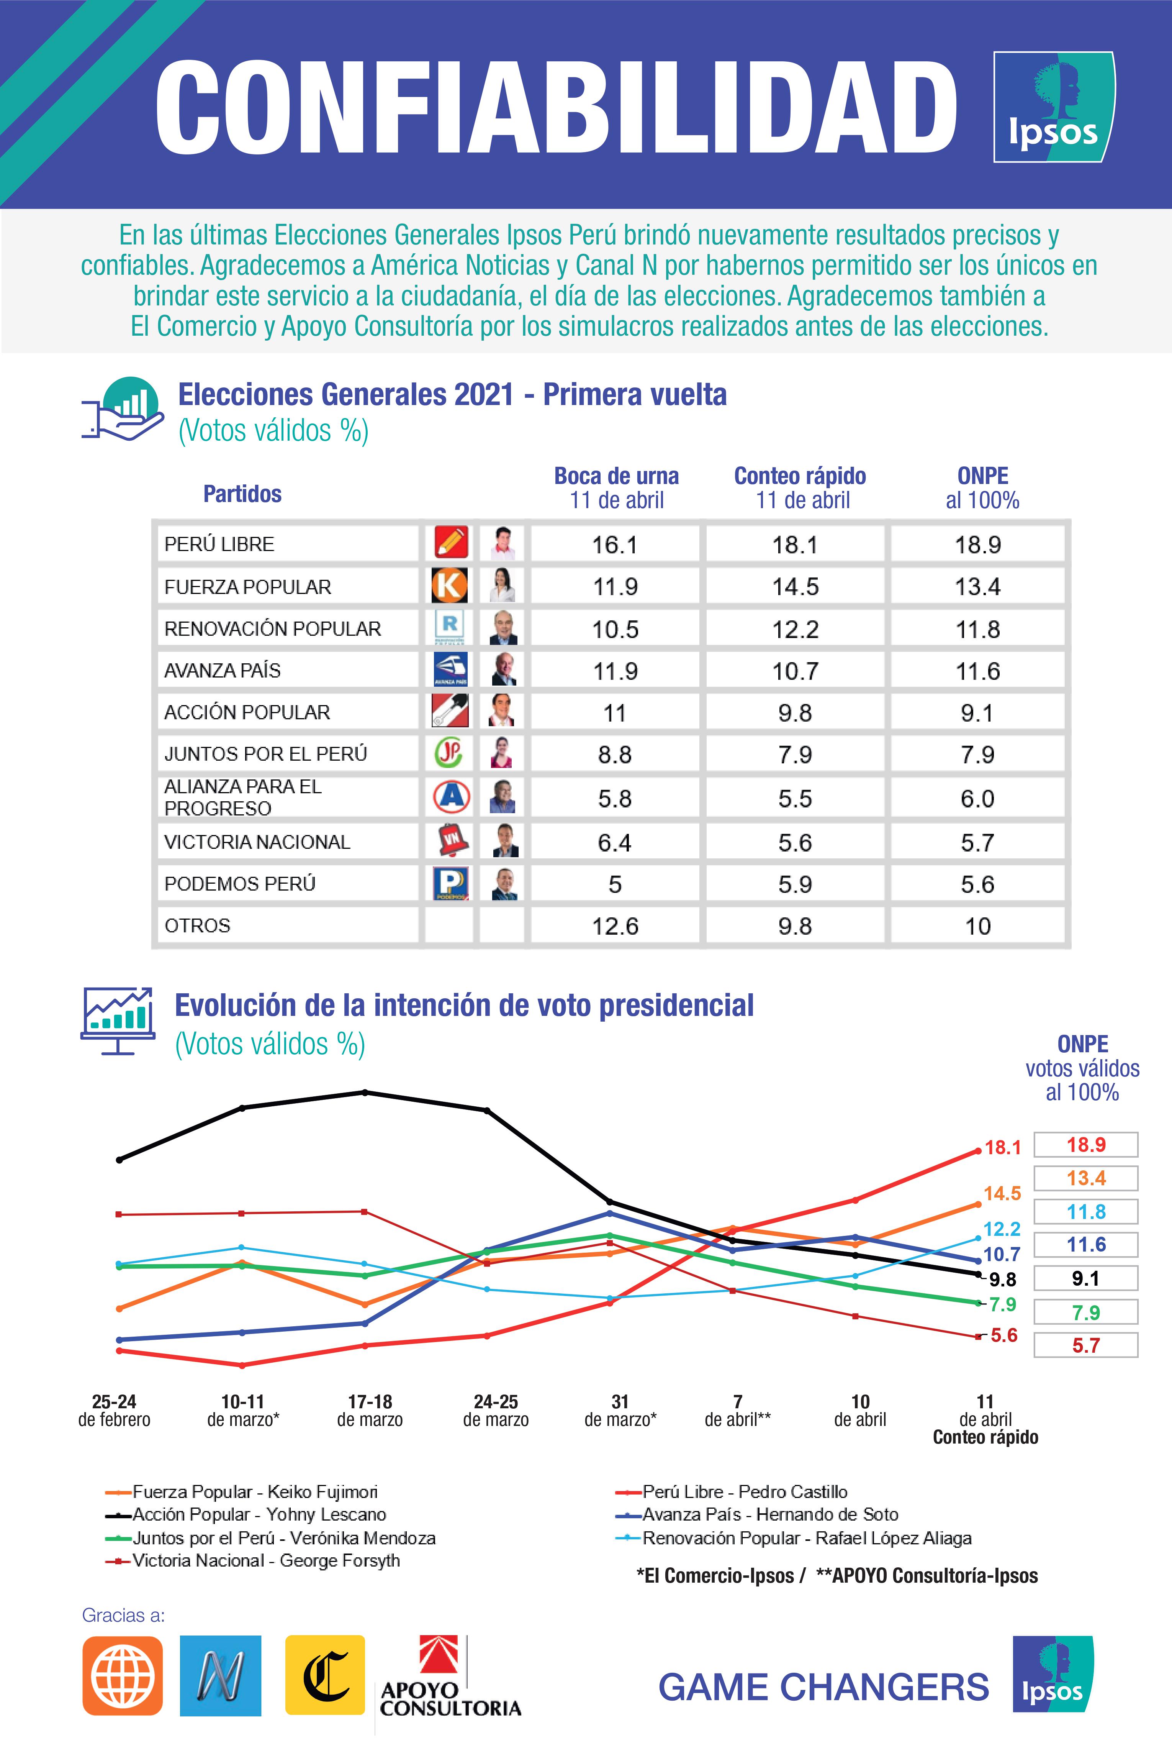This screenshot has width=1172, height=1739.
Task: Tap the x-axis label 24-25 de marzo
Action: [496, 1410]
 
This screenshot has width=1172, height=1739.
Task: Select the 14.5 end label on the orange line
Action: [1002, 1193]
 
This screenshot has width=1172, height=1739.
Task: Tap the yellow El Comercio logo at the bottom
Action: [325, 1675]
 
